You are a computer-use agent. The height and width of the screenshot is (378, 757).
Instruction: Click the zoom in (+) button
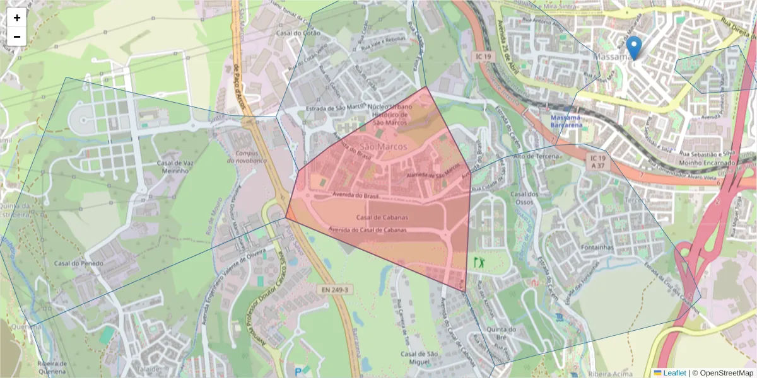(16, 18)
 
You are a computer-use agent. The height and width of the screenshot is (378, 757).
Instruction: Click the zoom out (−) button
(16, 37)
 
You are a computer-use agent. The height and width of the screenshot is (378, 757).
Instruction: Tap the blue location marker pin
(634, 47)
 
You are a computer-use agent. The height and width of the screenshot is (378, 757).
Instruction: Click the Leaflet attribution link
(674, 373)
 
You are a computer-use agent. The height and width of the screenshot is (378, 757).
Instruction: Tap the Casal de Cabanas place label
(382, 217)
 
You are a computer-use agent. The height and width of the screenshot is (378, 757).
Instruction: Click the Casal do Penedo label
(78, 263)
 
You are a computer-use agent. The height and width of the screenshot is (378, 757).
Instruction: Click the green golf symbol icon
(479, 261)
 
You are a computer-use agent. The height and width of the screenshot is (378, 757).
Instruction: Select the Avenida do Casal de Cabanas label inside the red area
(368, 229)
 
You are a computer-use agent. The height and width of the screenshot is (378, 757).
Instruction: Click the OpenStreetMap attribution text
(725, 373)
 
